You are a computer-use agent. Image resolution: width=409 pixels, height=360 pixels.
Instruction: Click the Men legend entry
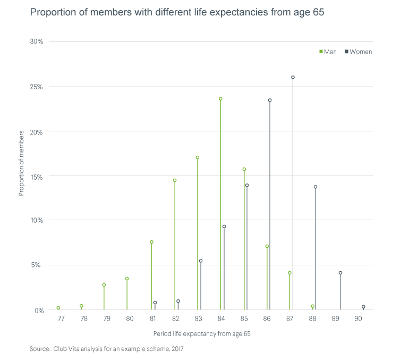328,52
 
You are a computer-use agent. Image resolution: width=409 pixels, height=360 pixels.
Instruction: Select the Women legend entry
359,52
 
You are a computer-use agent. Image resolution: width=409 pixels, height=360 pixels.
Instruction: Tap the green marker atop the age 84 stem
220,99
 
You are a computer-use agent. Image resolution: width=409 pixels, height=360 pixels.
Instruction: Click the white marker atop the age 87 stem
293,77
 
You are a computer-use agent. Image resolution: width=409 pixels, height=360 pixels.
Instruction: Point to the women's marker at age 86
270,100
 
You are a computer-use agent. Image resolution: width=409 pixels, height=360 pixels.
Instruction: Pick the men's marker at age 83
198,158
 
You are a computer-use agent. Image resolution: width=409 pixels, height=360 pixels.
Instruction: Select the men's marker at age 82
175,180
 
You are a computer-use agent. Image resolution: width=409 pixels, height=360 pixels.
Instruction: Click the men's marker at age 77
58,308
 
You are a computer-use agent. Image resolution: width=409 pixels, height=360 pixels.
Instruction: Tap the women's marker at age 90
363,307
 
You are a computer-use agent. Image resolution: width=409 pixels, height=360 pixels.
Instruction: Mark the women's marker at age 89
340,273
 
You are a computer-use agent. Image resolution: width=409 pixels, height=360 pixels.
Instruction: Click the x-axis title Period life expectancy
201,334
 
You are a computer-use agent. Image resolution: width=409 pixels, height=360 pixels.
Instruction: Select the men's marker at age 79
104,285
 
